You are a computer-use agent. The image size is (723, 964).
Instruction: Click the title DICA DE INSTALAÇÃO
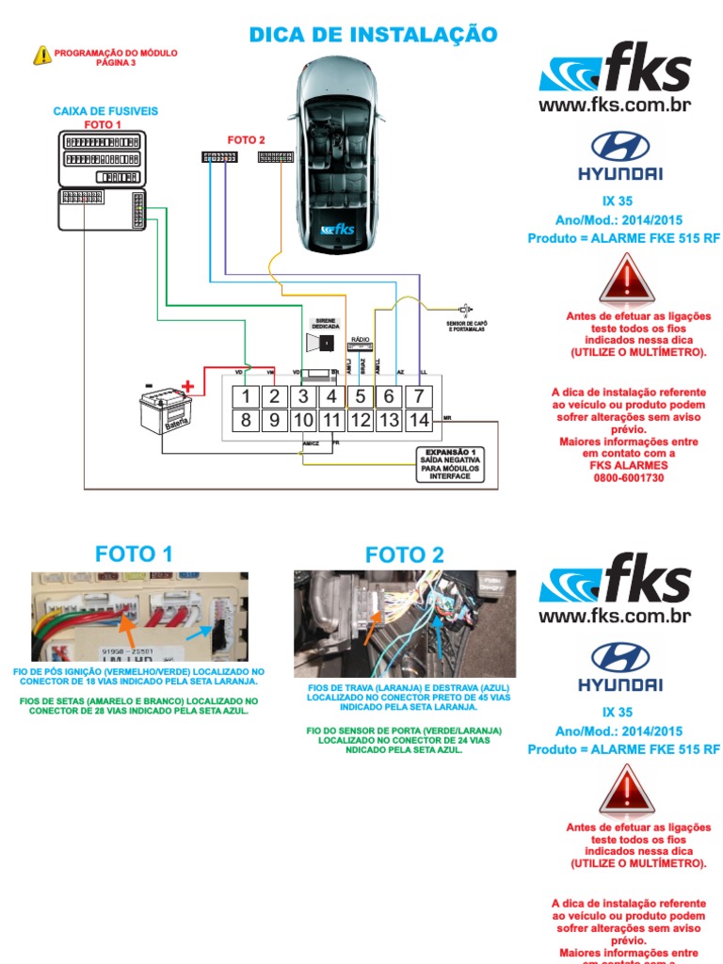click(372, 35)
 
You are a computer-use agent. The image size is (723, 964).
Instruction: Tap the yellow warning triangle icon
click(42, 56)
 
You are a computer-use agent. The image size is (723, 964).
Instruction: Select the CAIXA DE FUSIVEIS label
click(105, 111)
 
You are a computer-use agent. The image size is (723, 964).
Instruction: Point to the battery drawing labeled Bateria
click(165, 411)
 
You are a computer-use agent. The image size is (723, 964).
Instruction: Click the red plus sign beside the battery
click(188, 385)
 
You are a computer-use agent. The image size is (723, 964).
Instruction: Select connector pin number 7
click(418, 396)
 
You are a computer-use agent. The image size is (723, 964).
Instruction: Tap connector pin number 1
click(246, 396)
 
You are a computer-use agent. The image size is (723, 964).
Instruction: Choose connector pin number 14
click(418, 420)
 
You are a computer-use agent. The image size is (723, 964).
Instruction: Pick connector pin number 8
click(246, 420)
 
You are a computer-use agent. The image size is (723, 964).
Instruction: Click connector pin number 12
click(360, 420)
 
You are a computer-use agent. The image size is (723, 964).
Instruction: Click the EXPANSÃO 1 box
click(450, 464)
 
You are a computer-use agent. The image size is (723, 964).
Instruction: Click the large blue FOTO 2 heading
click(405, 554)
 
